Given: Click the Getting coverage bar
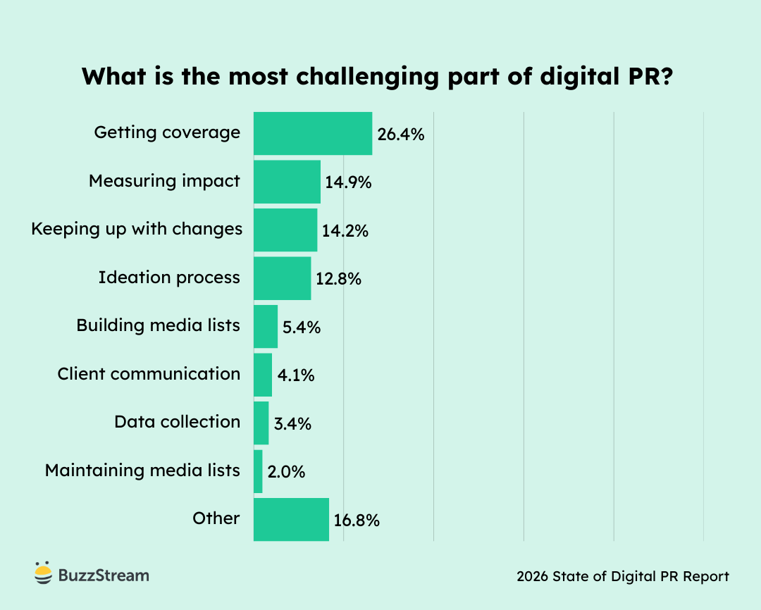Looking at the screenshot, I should (x=312, y=133).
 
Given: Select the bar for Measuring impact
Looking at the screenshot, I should (x=287, y=182).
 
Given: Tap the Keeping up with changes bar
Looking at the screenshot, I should (x=285, y=230).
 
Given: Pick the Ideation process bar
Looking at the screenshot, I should (x=282, y=278).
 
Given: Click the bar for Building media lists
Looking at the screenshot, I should (x=265, y=326).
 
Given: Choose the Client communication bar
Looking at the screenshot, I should (x=262, y=375).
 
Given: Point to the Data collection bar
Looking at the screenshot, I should (x=261, y=423).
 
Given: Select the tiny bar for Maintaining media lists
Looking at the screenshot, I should (x=258, y=471).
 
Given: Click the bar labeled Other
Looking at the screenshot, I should (x=291, y=519).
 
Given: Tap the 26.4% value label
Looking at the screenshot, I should (x=400, y=135).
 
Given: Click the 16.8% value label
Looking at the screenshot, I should (x=357, y=521).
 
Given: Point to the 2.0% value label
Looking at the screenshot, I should (x=286, y=472).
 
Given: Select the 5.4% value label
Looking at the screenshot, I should (x=302, y=328).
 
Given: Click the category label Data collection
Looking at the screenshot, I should (x=177, y=422).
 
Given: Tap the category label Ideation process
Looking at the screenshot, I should (x=169, y=278).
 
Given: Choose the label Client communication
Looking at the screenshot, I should (x=149, y=374).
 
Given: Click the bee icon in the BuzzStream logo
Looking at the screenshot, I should (x=43, y=573).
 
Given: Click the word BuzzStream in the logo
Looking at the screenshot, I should (x=103, y=575).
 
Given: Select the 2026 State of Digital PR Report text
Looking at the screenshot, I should (x=622, y=576).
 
